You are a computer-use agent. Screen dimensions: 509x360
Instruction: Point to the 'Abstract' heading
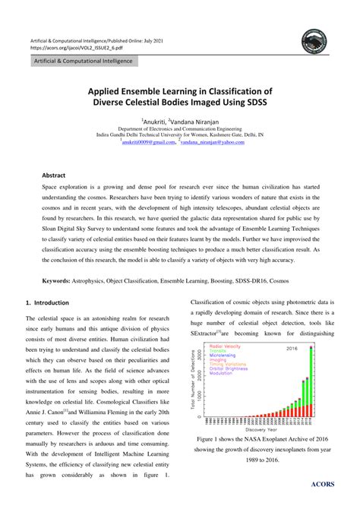pos(54,174)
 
